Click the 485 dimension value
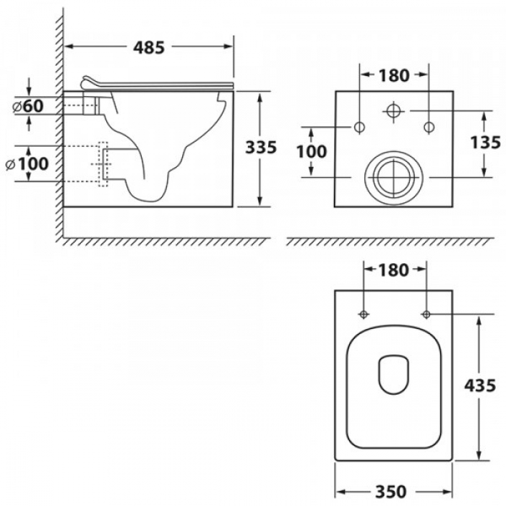click(x=149, y=48)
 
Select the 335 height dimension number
click(x=261, y=147)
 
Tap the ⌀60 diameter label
click(x=28, y=106)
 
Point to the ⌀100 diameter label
click(x=27, y=163)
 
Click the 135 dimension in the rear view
click(x=485, y=142)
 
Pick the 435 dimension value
click(x=480, y=385)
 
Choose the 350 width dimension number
click(x=391, y=492)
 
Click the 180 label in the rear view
click(x=394, y=75)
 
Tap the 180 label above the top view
click(x=394, y=270)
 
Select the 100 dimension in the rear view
click(x=312, y=151)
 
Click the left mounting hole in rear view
click(x=359, y=126)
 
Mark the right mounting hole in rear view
click(x=429, y=126)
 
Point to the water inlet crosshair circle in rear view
click(x=394, y=111)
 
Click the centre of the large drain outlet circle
click(x=394, y=177)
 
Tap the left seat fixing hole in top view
click(x=364, y=314)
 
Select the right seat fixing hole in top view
click(x=426, y=314)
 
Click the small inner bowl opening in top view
click(x=393, y=374)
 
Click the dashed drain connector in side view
click(x=103, y=164)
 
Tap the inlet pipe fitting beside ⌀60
click(x=90, y=103)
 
